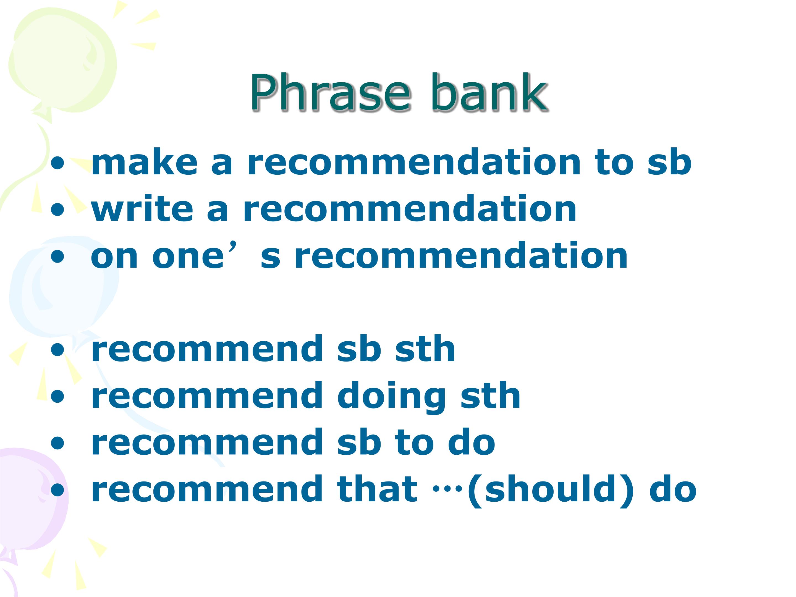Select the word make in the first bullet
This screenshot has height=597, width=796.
(x=144, y=162)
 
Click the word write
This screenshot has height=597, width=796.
(x=142, y=209)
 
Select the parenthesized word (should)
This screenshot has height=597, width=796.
(x=549, y=490)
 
